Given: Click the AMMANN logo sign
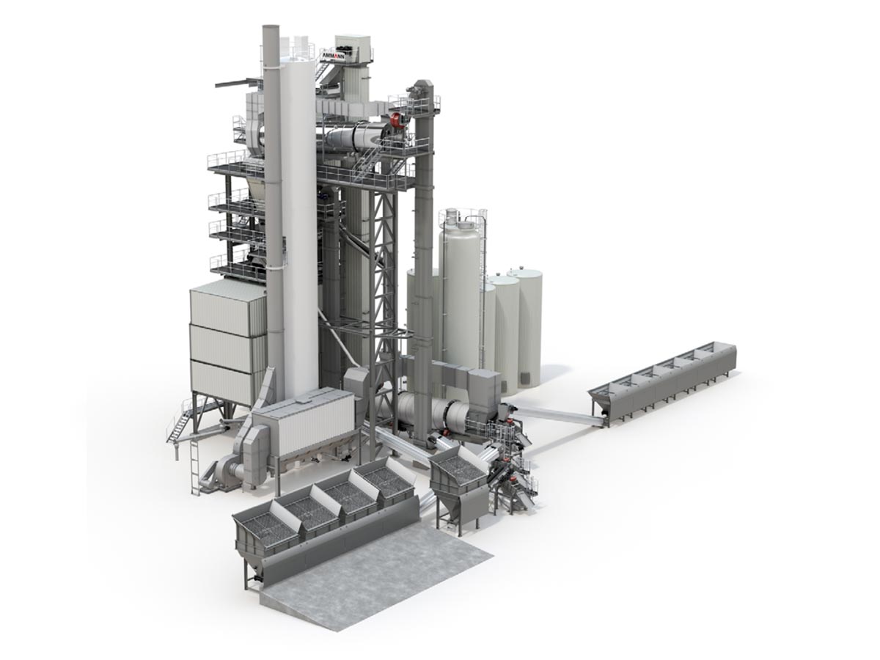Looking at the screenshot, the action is point(333,56).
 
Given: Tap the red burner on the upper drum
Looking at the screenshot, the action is point(397,120).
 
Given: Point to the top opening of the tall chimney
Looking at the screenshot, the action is point(271,27).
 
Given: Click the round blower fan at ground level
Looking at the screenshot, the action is point(221,474).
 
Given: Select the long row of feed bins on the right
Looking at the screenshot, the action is point(661,385).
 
